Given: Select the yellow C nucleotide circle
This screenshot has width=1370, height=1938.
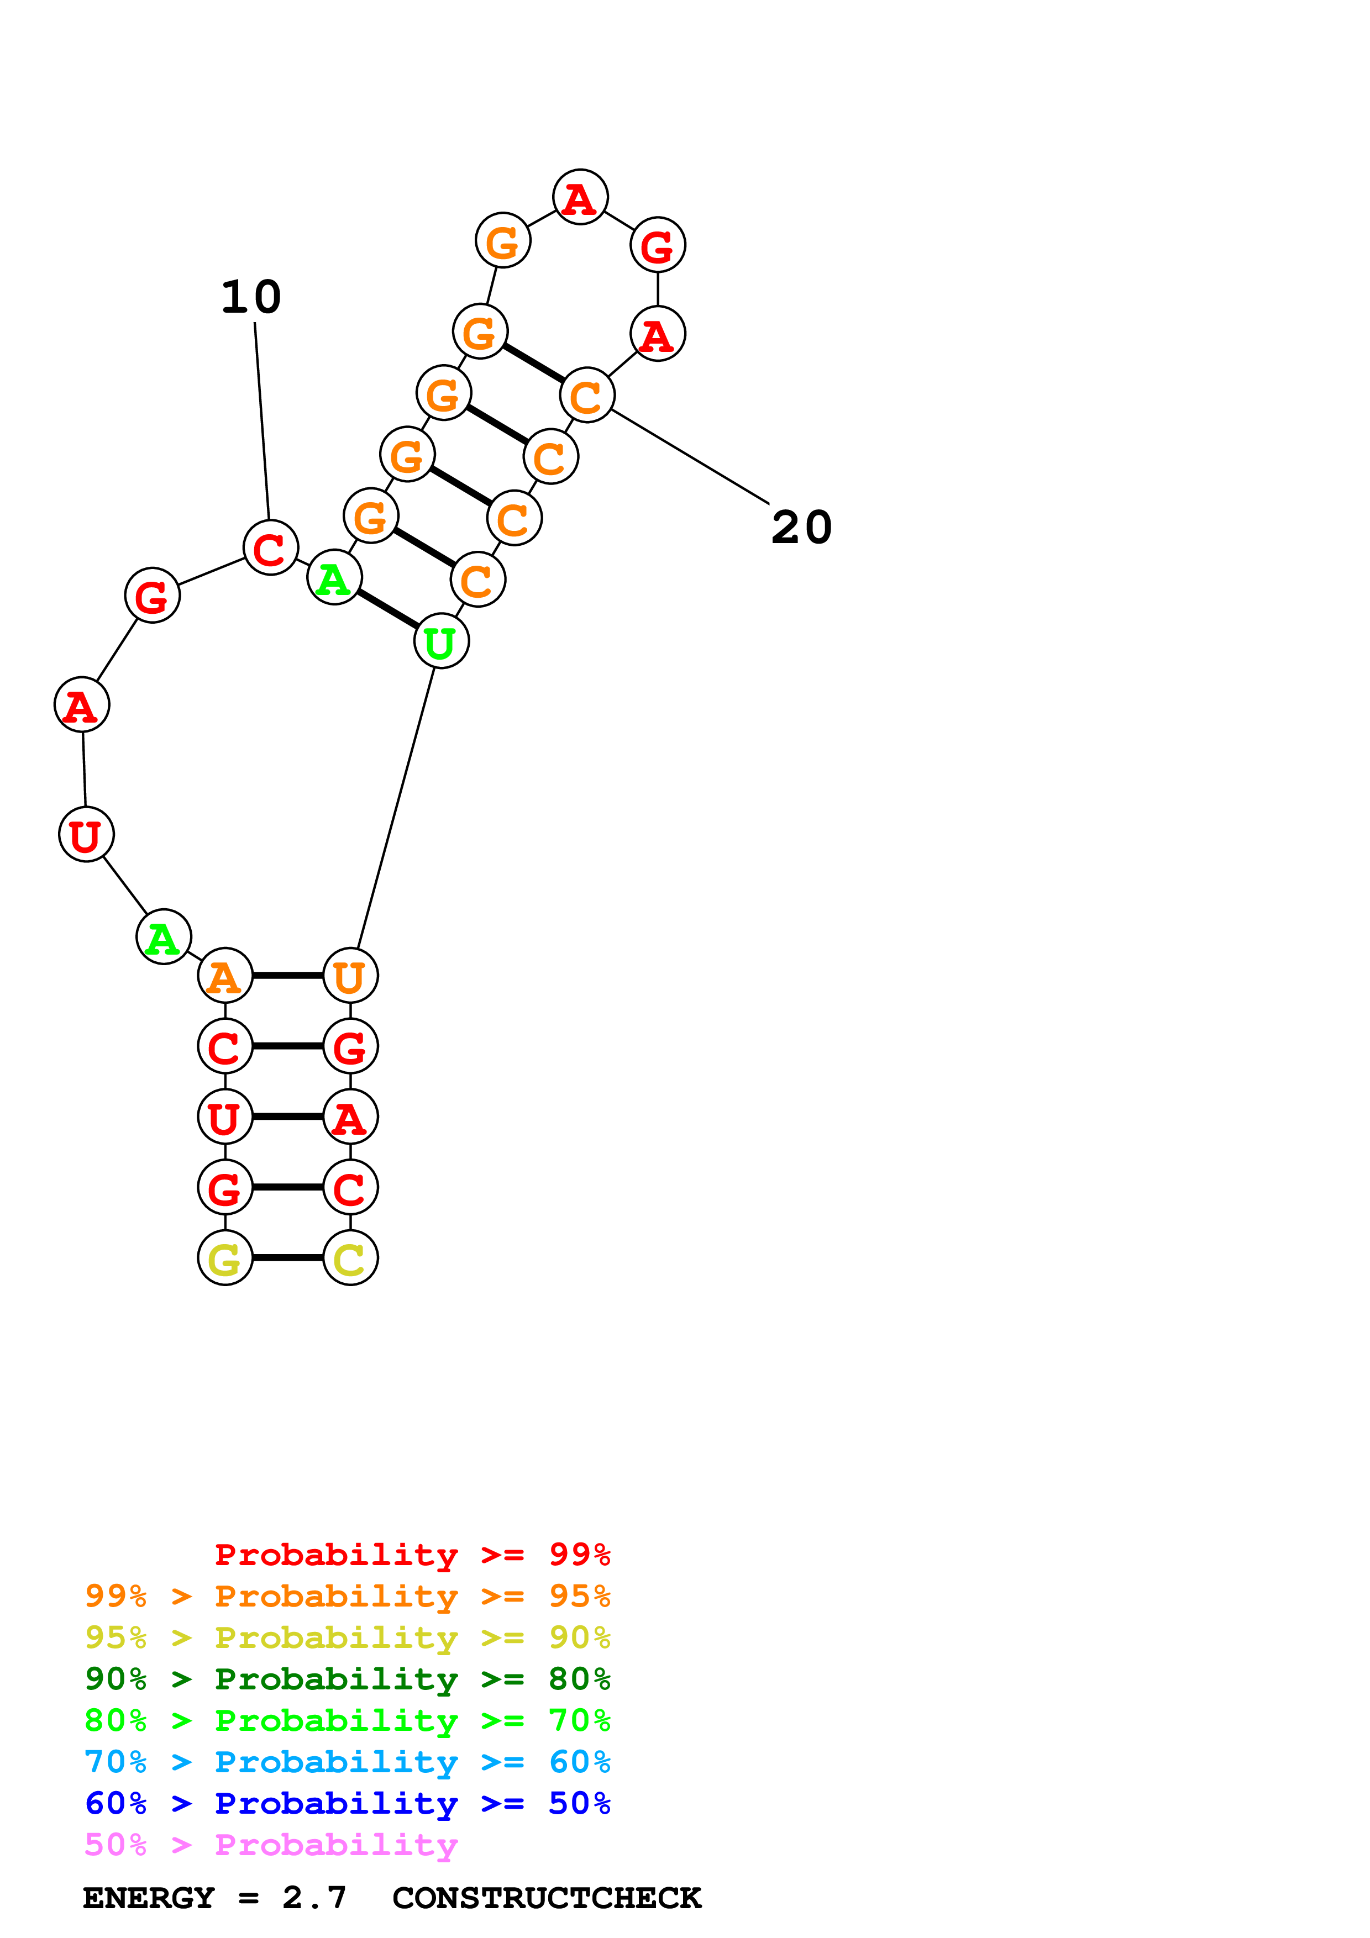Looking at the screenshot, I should tap(350, 1258).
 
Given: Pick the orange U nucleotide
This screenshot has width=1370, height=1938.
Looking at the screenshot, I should tap(350, 976).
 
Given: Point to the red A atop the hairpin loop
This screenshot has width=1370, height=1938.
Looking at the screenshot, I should tap(580, 198).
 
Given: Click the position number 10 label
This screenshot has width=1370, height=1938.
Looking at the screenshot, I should tap(251, 297).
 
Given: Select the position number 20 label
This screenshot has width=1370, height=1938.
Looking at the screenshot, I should tap(801, 528).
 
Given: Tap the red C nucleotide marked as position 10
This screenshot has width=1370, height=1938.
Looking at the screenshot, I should tap(270, 548).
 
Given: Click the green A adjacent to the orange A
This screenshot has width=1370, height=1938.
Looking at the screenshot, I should tap(163, 937).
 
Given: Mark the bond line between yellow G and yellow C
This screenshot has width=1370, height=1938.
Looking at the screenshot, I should tap(288, 1258).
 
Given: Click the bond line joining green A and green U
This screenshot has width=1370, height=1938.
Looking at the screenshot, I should tap(387, 609).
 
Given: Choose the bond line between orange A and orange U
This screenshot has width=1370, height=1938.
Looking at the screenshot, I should tap(288, 976).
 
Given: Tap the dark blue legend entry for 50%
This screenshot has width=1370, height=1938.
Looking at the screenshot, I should tap(347, 1804).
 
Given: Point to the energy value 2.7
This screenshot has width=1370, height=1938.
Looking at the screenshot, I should tap(314, 1898).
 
